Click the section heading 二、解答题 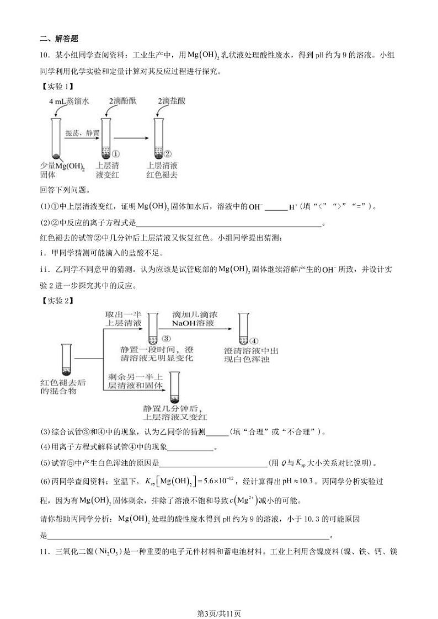[59, 39]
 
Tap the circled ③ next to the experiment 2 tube [164, 338]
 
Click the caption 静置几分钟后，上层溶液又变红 [174, 413]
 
